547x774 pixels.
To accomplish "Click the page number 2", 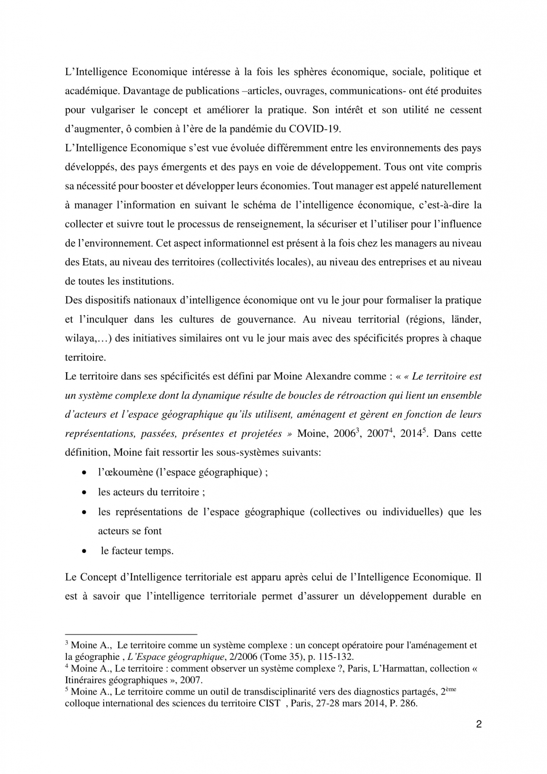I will tap(479, 724).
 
